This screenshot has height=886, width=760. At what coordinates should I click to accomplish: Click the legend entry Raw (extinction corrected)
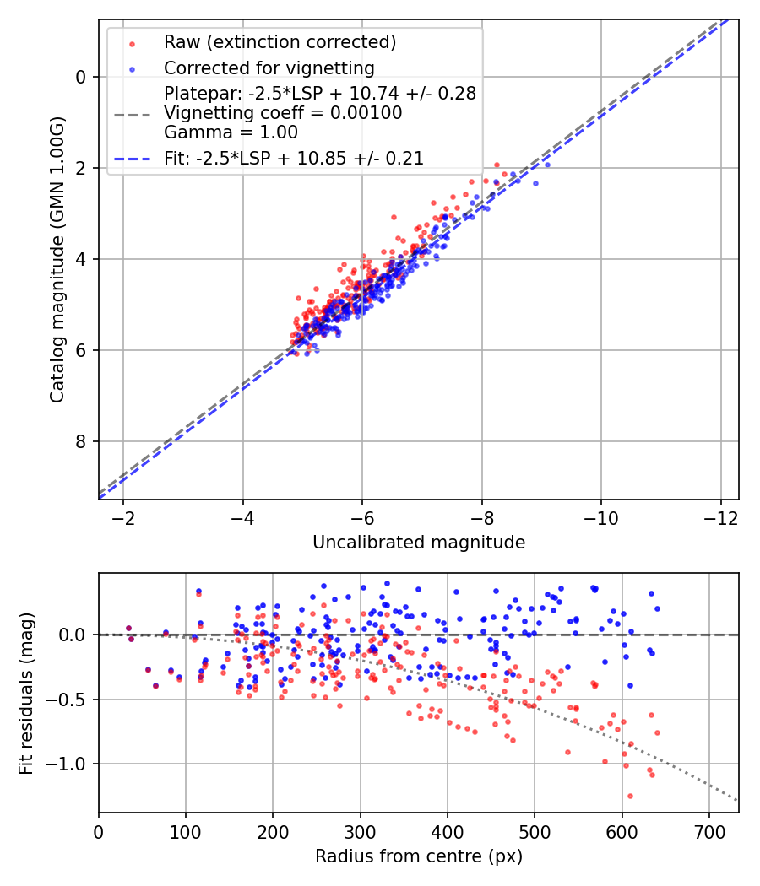[x=280, y=42]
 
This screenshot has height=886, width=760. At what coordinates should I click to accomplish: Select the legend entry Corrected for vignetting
[x=269, y=68]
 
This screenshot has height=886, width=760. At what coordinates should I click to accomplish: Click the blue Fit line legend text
[x=293, y=158]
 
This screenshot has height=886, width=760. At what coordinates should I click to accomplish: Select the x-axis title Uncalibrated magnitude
[x=419, y=543]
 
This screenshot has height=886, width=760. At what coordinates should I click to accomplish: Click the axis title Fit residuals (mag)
[x=26, y=693]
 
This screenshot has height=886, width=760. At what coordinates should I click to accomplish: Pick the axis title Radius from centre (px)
[x=419, y=856]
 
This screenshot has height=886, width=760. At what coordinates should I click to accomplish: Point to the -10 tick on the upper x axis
[x=600, y=515]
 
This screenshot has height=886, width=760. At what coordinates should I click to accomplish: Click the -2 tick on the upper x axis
[x=123, y=515]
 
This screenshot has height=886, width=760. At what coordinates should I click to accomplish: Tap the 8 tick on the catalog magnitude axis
[x=81, y=441]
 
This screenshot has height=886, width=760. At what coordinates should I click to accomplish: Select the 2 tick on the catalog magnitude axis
[x=81, y=168]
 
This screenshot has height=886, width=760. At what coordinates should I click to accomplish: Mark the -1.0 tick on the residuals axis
[x=73, y=764]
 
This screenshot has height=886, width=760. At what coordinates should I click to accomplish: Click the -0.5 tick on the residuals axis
[x=73, y=700]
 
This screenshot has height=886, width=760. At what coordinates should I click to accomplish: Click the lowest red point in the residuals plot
[x=630, y=796]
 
